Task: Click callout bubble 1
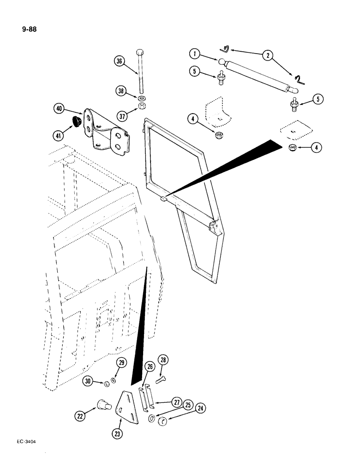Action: click(x=195, y=54)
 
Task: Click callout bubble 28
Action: click(x=163, y=359)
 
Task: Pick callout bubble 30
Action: click(x=89, y=381)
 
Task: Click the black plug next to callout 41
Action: click(x=76, y=122)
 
